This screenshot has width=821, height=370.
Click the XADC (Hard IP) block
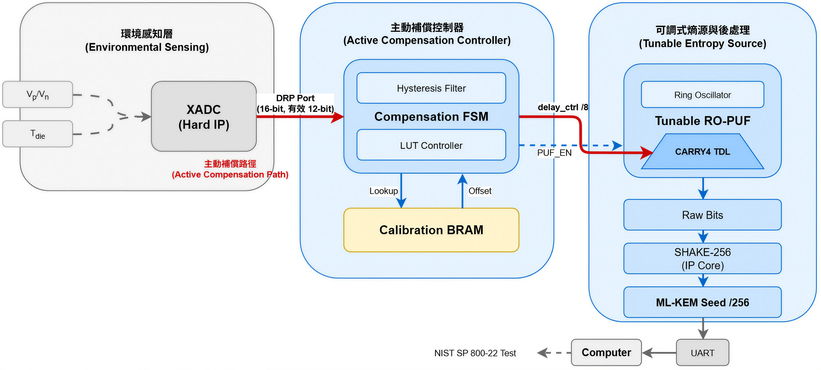[x=204, y=116]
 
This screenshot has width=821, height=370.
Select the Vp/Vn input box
[x=38, y=95]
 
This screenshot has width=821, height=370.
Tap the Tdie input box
[x=38, y=134]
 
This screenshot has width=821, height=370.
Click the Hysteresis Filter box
[x=431, y=88]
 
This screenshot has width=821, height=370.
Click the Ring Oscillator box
[x=702, y=95]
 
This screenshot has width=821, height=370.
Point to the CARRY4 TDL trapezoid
[x=702, y=152]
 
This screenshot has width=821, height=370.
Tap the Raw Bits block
[x=702, y=215]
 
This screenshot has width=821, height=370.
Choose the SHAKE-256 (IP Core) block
[x=702, y=258]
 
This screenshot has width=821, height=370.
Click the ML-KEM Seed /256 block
[x=702, y=302]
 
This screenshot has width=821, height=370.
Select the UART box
[x=702, y=353]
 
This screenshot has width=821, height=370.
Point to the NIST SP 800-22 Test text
[x=475, y=353]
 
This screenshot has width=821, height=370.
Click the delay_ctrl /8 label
[x=562, y=107]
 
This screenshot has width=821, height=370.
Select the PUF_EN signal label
[x=554, y=153]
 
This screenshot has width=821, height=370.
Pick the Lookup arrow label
[x=383, y=191]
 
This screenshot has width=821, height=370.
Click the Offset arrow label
[x=480, y=191]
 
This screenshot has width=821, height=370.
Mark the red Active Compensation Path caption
[x=230, y=169]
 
